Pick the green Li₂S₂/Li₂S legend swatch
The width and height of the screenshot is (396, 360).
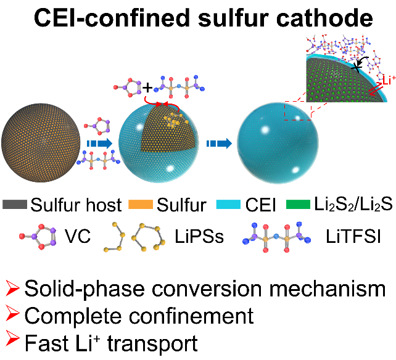[303, 204]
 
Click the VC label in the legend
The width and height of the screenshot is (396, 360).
[78, 236]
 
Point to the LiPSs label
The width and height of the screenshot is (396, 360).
[198, 236]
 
